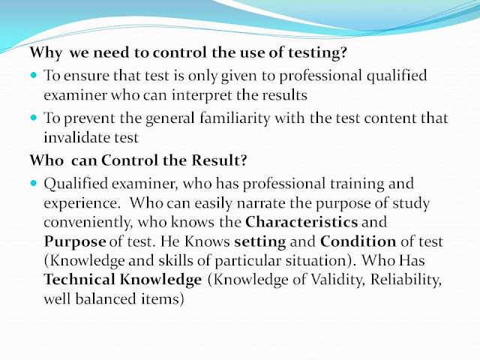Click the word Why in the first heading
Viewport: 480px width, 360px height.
(43, 55)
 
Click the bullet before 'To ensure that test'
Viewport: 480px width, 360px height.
(35, 76)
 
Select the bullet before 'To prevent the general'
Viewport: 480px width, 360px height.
(35, 118)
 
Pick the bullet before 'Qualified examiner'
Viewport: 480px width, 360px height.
(35, 183)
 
